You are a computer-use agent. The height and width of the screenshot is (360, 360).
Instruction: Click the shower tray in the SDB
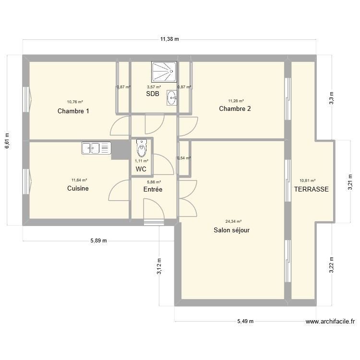click(x=164, y=72)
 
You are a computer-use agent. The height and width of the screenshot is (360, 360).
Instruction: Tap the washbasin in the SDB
click(x=171, y=98)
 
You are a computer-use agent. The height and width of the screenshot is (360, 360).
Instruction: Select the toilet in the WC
click(x=141, y=149)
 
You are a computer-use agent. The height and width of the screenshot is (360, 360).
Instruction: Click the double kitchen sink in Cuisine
click(x=96, y=148)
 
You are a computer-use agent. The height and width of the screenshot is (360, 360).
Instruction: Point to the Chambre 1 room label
click(x=73, y=111)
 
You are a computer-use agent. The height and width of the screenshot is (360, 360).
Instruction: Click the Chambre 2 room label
click(x=235, y=109)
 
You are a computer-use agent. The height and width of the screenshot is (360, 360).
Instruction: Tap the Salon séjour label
click(x=232, y=230)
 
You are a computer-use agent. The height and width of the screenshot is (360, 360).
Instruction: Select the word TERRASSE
click(x=312, y=189)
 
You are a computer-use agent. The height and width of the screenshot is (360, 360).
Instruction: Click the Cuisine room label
click(x=78, y=189)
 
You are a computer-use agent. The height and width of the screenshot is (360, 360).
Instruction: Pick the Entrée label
click(x=153, y=190)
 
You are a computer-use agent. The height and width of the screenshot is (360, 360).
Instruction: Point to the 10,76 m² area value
click(x=75, y=102)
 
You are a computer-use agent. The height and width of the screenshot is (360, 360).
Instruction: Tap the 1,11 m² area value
click(x=141, y=161)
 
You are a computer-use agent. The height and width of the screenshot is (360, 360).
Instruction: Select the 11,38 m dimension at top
click(x=169, y=39)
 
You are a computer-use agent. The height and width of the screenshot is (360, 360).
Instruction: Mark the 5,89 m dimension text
click(x=98, y=241)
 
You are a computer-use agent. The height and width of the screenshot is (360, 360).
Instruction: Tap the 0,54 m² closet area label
click(x=184, y=158)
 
